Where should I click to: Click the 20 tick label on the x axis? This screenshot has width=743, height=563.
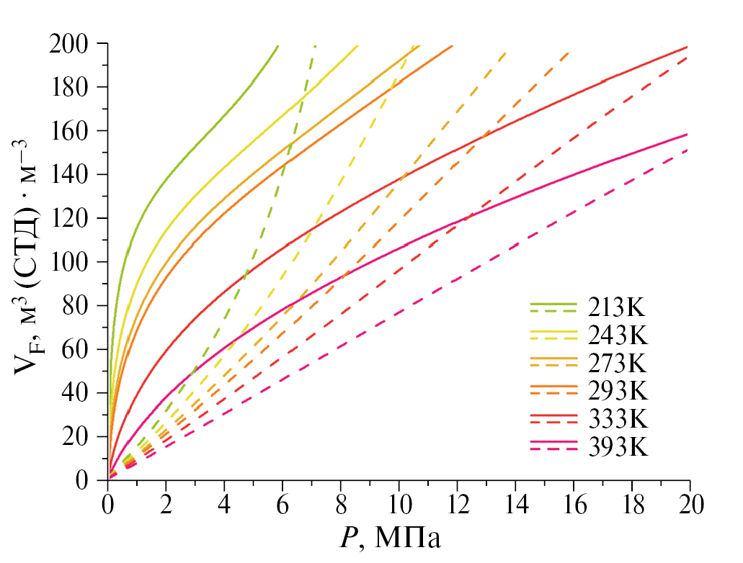point(690,504)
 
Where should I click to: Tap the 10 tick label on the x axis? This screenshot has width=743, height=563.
point(399,504)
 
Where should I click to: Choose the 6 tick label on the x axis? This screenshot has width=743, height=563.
point(282,504)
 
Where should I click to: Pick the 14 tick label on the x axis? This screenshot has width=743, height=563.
point(515,504)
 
